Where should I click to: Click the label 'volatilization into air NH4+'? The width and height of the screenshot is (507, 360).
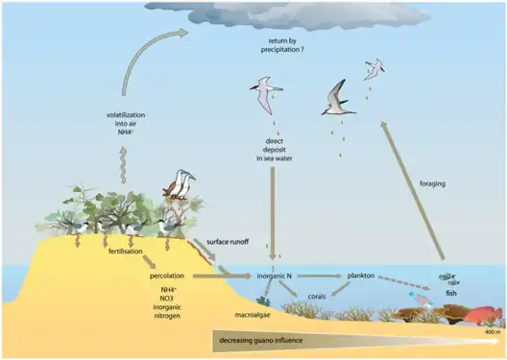(x=126, y=126)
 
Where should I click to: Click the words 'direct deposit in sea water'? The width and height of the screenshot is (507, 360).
(x=275, y=150)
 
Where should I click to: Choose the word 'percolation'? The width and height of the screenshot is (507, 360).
(x=167, y=276)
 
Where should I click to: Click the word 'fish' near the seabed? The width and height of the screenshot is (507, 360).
(x=450, y=293)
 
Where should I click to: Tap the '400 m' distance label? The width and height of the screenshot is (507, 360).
(x=493, y=333)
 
